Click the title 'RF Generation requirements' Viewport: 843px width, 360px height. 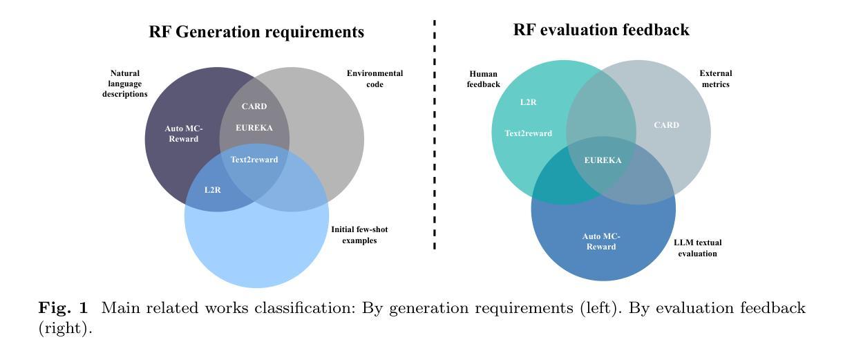tap(256, 32)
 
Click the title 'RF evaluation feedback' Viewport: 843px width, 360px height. tap(601, 30)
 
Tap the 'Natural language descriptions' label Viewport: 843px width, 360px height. tap(125, 84)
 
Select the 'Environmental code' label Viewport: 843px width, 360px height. tap(375, 79)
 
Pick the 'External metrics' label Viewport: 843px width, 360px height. tap(714, 79)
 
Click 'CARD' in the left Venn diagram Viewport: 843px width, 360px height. tap(254, 106)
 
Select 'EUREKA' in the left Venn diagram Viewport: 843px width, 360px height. tap(254, 128)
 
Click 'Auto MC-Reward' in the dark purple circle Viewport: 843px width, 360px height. tap(182, 133)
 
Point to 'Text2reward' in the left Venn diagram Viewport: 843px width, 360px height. tap(254, 160)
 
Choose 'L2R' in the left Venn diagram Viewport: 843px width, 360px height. tap(213, 189)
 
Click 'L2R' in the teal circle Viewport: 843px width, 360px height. tap(529, 102)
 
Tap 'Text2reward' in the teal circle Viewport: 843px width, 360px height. tap(529, 133)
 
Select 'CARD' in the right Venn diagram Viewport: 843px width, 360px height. tap(666, 125)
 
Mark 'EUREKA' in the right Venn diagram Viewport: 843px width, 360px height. tap(603, 160)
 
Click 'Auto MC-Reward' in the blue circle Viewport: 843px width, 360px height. tap(601, 241)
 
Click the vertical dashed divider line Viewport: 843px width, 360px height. tap(435, 138)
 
